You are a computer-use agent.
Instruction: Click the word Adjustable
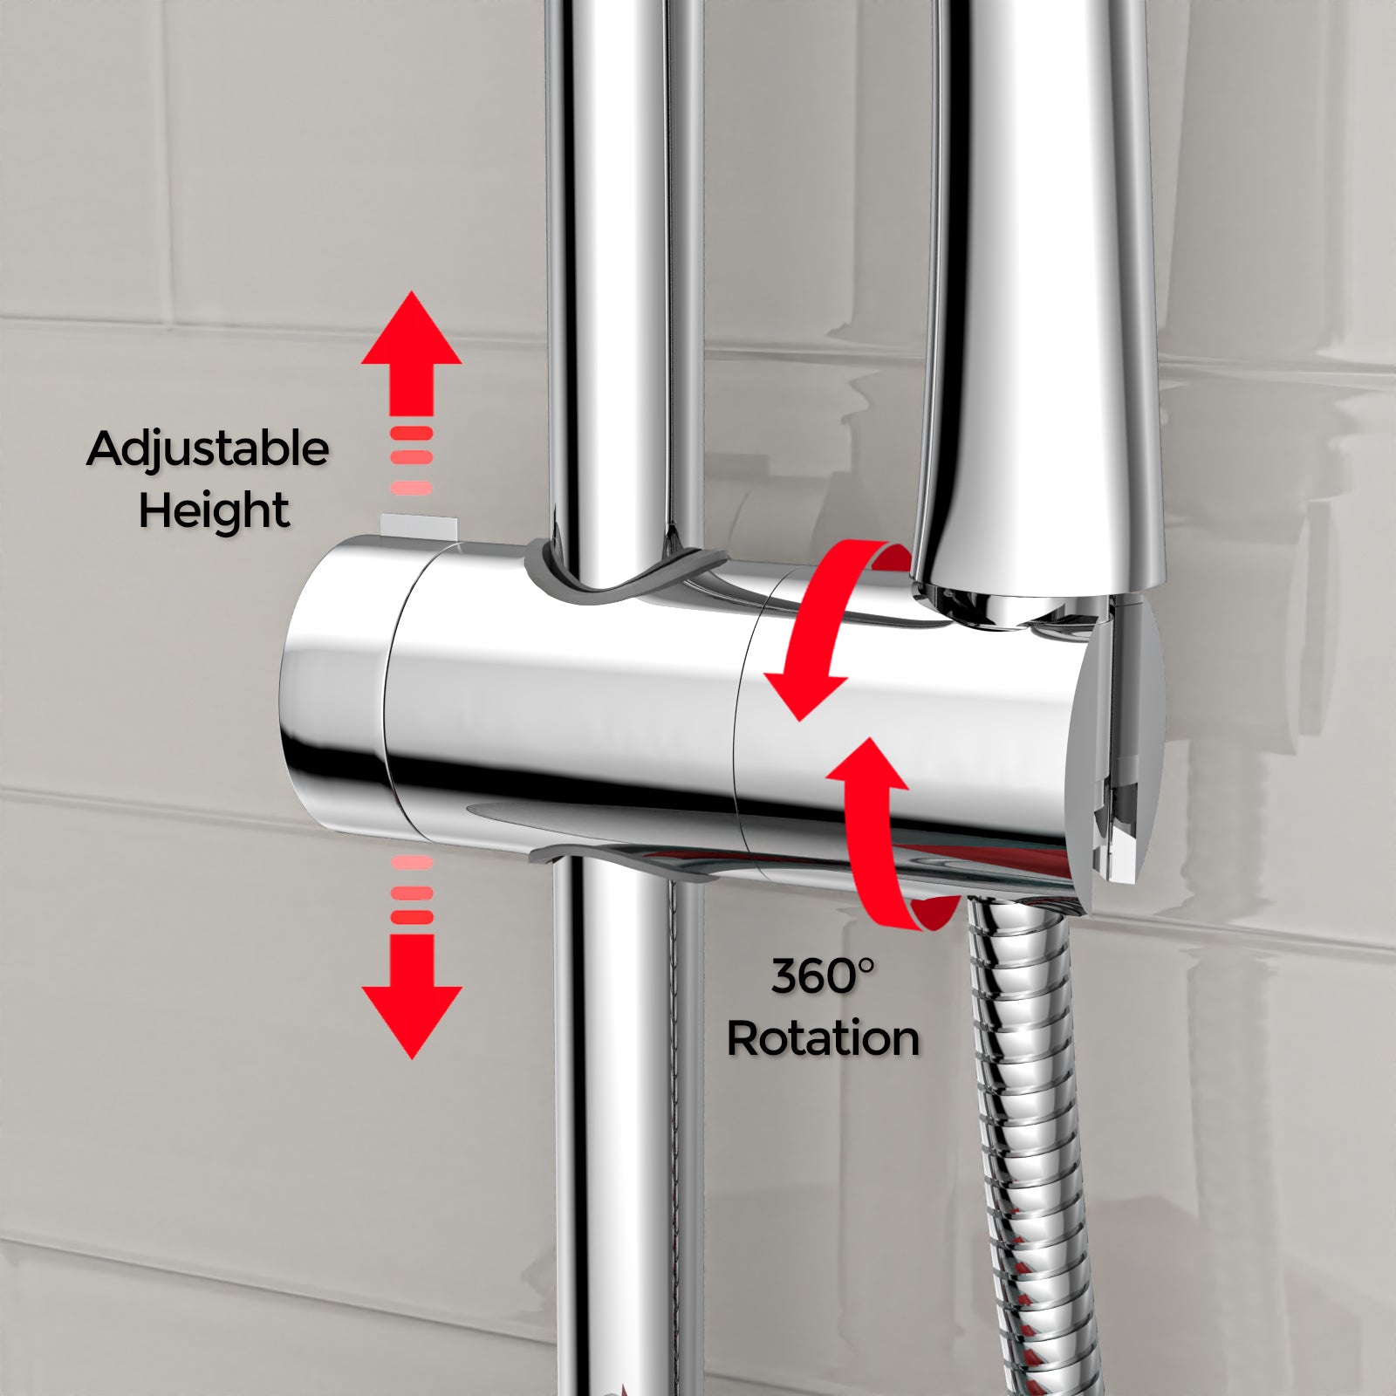tap(208, 450)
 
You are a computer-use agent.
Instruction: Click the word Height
tap(214, 511)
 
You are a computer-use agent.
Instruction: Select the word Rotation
tap(823, 1039)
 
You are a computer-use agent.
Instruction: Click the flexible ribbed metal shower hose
tap(1021, 1134)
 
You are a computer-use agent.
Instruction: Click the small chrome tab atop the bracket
tap(419, 526)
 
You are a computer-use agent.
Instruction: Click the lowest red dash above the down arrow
tap(412, 917)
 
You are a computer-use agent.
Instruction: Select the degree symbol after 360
tap(865, 965)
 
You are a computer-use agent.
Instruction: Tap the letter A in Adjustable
tap(105, 450)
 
